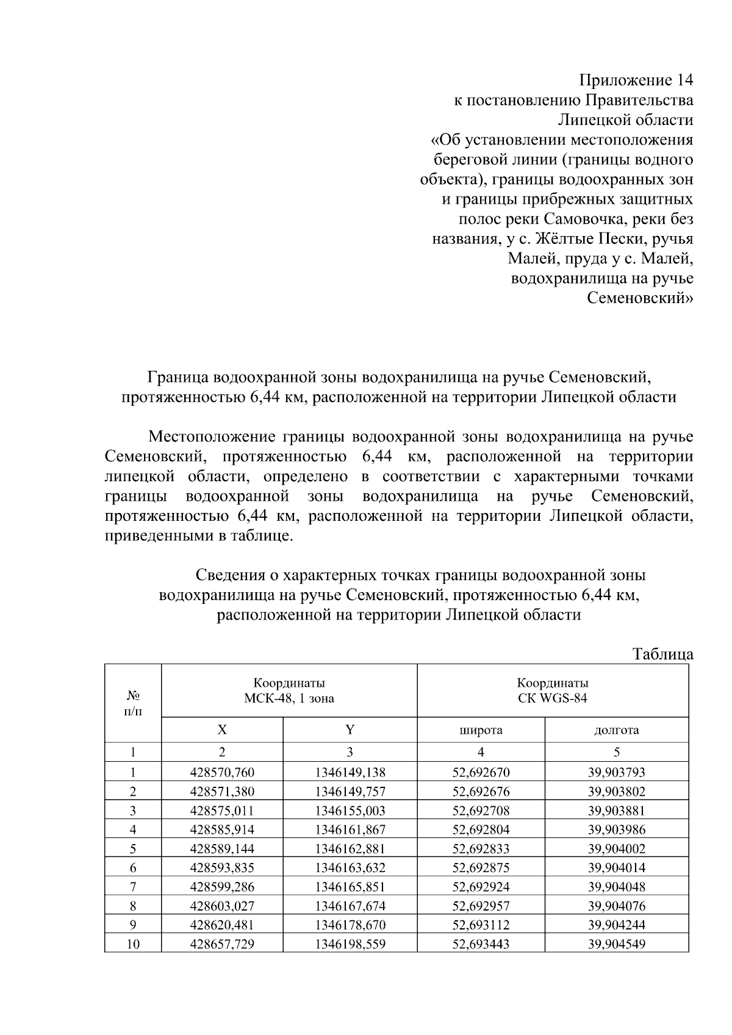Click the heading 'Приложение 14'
pos(636,81)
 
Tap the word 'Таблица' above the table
pos(662,654)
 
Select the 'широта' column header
pos(481,730)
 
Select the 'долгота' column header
pos(616,730)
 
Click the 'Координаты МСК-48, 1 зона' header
pos(289,690)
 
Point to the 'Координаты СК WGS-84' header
pos(553,690)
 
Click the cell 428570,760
pos(222,772)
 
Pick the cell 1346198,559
pos(350,944)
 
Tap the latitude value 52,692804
pos(481,829)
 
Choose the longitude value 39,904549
pos(616,944)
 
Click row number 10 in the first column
pos(132,944)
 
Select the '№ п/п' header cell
pos(133,703)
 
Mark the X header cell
pos(222,730)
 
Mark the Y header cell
pos(350,730)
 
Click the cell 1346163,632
pos(350,868)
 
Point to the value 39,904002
pos(616,848)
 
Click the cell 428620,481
pos(222,925)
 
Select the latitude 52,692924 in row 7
pos(481,887)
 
